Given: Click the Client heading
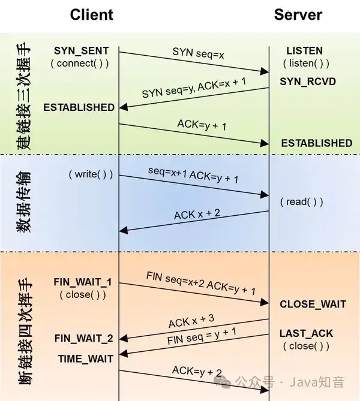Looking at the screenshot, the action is [91, 14].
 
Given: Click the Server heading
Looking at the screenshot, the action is [298, 14].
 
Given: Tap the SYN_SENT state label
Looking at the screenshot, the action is [82, 50].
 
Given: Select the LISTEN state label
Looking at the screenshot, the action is [304, 50].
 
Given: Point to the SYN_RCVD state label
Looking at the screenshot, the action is [308, 82].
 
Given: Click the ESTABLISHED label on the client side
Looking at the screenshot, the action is [79, 107].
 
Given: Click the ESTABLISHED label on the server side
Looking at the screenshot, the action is [317, 143].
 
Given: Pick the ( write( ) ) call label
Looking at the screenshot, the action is [91, 174].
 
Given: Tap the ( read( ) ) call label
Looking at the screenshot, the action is [302, 202].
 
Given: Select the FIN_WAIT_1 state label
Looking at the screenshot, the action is [83, 282].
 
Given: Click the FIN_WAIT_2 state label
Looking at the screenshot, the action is [84, 338].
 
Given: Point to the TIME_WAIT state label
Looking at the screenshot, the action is [86, 359].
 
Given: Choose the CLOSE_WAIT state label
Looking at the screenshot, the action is [313, 304].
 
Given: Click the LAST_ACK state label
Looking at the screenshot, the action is [306, 333].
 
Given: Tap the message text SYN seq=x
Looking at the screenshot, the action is [198, 53].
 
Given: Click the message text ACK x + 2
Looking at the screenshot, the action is [197, 215].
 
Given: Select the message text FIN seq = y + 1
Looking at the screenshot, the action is [202, 336].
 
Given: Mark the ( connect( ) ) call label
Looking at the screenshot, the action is [80, 64].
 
